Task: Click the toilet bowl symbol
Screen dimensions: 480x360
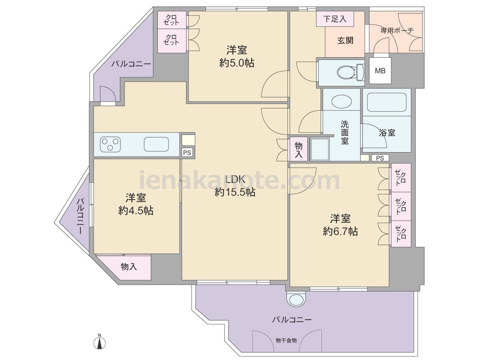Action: [350, 72]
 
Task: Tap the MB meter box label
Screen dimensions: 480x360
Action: [380, 71]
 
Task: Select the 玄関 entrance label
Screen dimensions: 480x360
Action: [345, 40]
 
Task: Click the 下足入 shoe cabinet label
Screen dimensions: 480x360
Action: [335, 19]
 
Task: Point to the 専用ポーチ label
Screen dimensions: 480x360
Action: [397, 30]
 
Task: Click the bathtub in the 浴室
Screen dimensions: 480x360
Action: [387, 102]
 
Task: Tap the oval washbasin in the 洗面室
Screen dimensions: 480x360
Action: [341, 101]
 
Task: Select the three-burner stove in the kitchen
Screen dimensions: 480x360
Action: [110, 144]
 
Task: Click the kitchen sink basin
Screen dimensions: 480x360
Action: [156, 144]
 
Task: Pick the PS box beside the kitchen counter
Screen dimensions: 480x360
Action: [187, 152]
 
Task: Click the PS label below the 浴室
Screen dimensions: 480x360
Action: [380, 158]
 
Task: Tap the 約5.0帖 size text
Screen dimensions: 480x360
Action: [237, 63]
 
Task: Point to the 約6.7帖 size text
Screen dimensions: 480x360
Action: [340, 231]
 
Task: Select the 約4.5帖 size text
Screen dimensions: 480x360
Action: [136, 211]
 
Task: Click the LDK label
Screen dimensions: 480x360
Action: [235, 179]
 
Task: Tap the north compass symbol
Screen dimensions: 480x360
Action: [99, 341]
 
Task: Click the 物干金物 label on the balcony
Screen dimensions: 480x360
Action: [286, 340]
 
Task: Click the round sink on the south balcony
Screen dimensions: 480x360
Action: [296, 299]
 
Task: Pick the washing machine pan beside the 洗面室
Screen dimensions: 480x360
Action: [320, 149]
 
